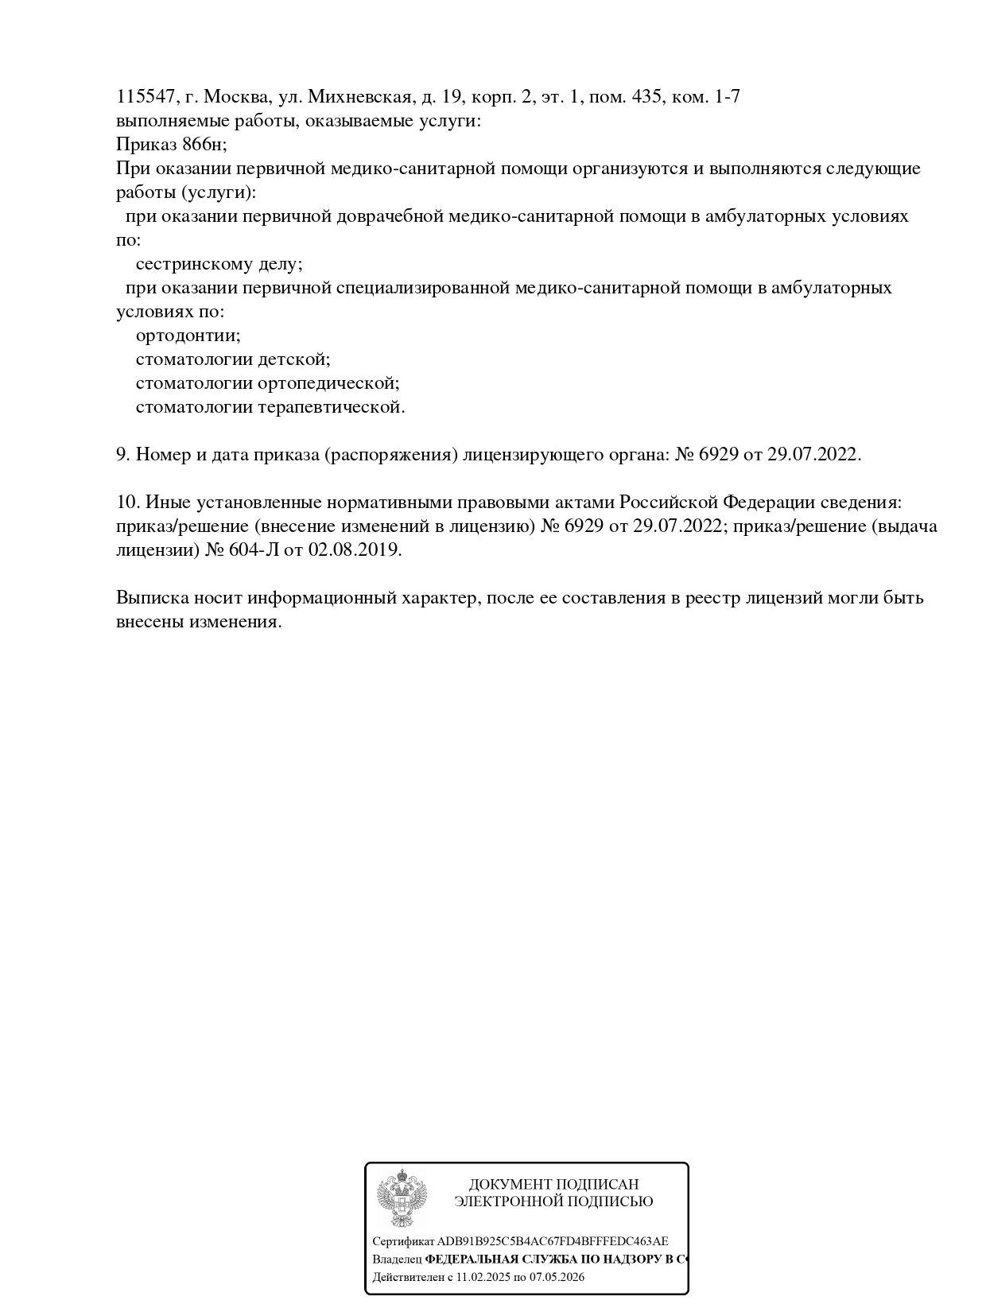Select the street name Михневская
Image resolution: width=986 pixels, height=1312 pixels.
tap(360, 97)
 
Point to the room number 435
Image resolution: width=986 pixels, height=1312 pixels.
tap(647, 97)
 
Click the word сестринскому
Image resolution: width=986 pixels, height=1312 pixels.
tap(196, 264)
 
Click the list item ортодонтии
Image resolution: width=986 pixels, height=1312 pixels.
tap(188, 336)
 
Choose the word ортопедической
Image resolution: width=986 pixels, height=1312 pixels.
tap(328, 383)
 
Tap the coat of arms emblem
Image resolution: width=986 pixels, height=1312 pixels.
tap(402, 1197)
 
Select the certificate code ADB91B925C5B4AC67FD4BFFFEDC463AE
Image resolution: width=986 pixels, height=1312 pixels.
tap(553, 1241)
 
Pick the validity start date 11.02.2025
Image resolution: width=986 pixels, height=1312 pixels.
tap(484, 1277)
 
